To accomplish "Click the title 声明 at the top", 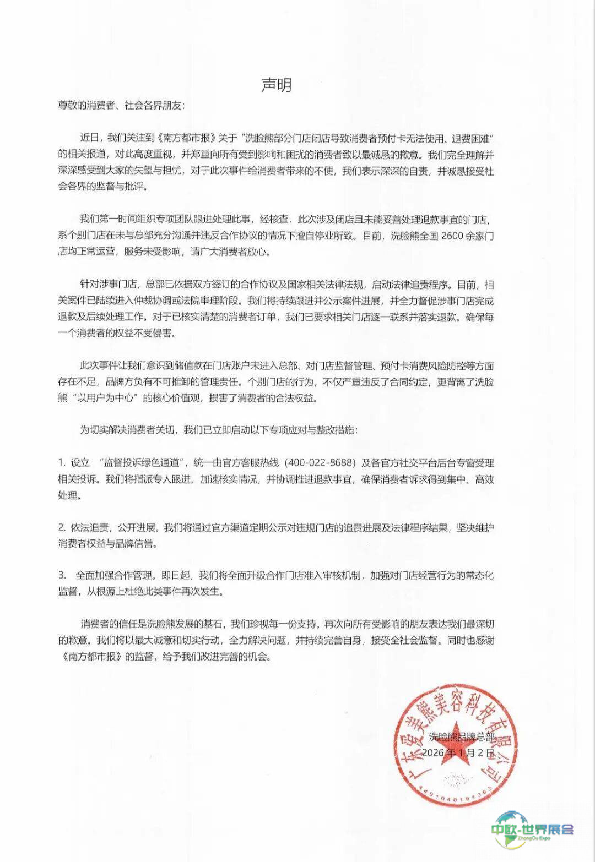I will click(x=276, y=85).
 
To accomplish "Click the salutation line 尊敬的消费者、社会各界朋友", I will click(x=121, y=106).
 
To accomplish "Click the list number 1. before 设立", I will click(x=62, y=463).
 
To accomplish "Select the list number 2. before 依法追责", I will click(x=62, y=527).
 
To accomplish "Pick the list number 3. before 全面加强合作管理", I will click(x=62, y=575).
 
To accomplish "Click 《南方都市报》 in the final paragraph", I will click(x=91, y=657).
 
